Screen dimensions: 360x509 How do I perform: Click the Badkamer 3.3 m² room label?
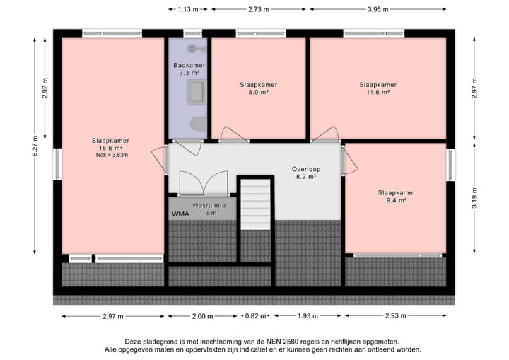(x=189, y=69)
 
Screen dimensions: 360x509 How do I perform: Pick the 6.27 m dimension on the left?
(x=35, y=147)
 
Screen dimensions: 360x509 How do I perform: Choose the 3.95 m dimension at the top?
(x=378, y=9)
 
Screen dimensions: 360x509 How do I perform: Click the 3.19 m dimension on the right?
(x=475, y=197)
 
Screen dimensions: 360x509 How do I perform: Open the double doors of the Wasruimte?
(x=203, y=184)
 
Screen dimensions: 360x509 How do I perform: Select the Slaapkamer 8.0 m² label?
(x=258, y=88)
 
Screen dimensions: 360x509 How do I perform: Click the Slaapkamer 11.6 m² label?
(x=378, y=88)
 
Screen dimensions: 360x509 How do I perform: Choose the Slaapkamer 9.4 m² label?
(x=396, y=196)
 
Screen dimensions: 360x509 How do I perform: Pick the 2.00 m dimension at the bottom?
(x=201, y=316)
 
